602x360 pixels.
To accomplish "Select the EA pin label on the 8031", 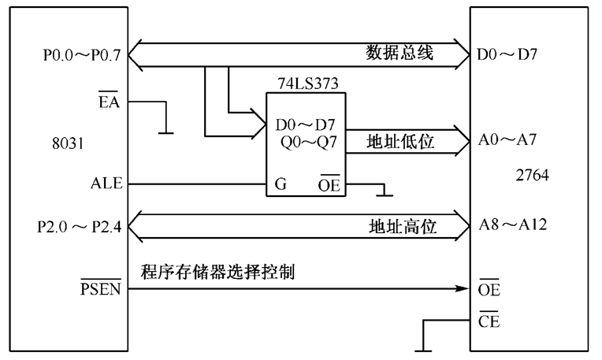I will coord(109,102).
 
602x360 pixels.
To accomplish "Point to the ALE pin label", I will coord(106,184).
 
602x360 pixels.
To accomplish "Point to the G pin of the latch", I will coord(280,184).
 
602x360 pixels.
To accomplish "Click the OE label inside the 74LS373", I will coord(329,184).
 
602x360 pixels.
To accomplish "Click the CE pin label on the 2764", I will coord(489,321).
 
